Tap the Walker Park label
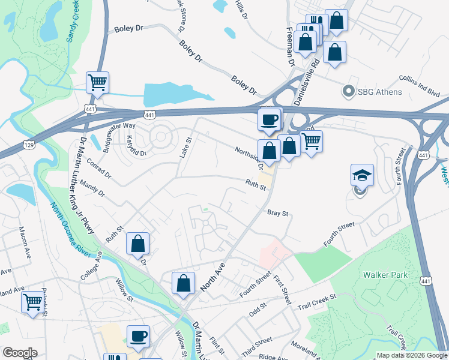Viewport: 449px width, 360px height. (x=385, y=275)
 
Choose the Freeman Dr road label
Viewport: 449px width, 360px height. (x=290, y=46)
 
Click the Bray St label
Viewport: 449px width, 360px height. (x=278, y=213)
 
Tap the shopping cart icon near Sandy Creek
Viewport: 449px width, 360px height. (x=97, y=82)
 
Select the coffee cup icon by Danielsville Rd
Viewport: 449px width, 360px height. (x=270, y=119)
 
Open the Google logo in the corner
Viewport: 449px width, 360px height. (x=19, y=353)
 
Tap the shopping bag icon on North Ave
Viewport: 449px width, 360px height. (x=183, y=283)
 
